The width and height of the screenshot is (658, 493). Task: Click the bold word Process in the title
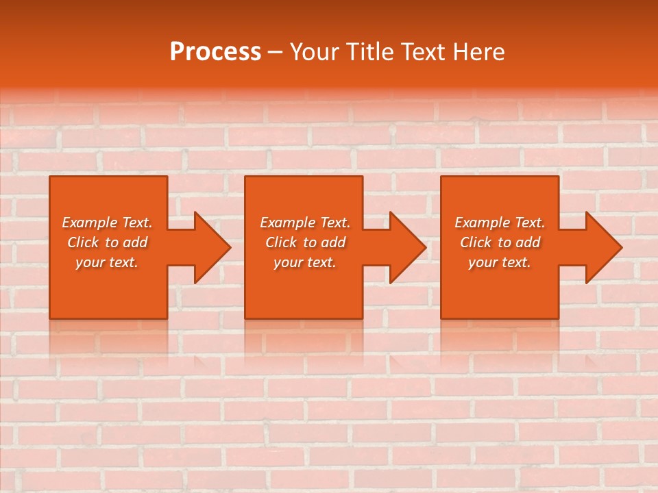215,52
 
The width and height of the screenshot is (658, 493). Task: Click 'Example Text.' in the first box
107,223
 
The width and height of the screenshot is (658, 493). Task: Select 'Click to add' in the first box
107,242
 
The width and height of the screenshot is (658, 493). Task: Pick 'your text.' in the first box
107,262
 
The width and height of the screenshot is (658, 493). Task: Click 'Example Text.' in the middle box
305,223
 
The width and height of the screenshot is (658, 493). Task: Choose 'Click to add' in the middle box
305,242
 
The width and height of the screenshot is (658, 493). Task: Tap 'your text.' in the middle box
305,262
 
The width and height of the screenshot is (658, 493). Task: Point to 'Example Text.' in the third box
500,223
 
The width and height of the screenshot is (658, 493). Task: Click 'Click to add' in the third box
500,242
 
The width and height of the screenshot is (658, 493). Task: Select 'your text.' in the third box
500,262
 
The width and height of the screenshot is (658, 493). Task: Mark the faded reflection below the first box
108,339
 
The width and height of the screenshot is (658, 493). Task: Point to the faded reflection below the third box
500,339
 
